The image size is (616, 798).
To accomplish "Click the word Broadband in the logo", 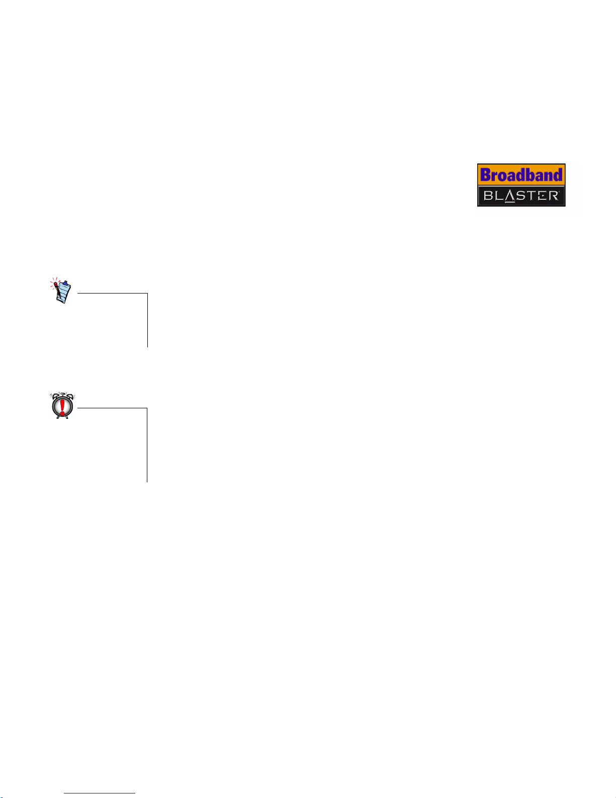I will [x=521, y=175].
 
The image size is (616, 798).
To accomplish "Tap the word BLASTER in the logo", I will [x=521, y=195].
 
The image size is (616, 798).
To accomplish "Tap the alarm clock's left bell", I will [x=55, y=395].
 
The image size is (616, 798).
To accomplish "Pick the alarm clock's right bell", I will [x=69, y=395].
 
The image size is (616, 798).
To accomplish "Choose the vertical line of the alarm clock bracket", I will [x=147, y=445].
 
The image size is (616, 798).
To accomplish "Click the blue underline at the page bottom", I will [x=100, y=793].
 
